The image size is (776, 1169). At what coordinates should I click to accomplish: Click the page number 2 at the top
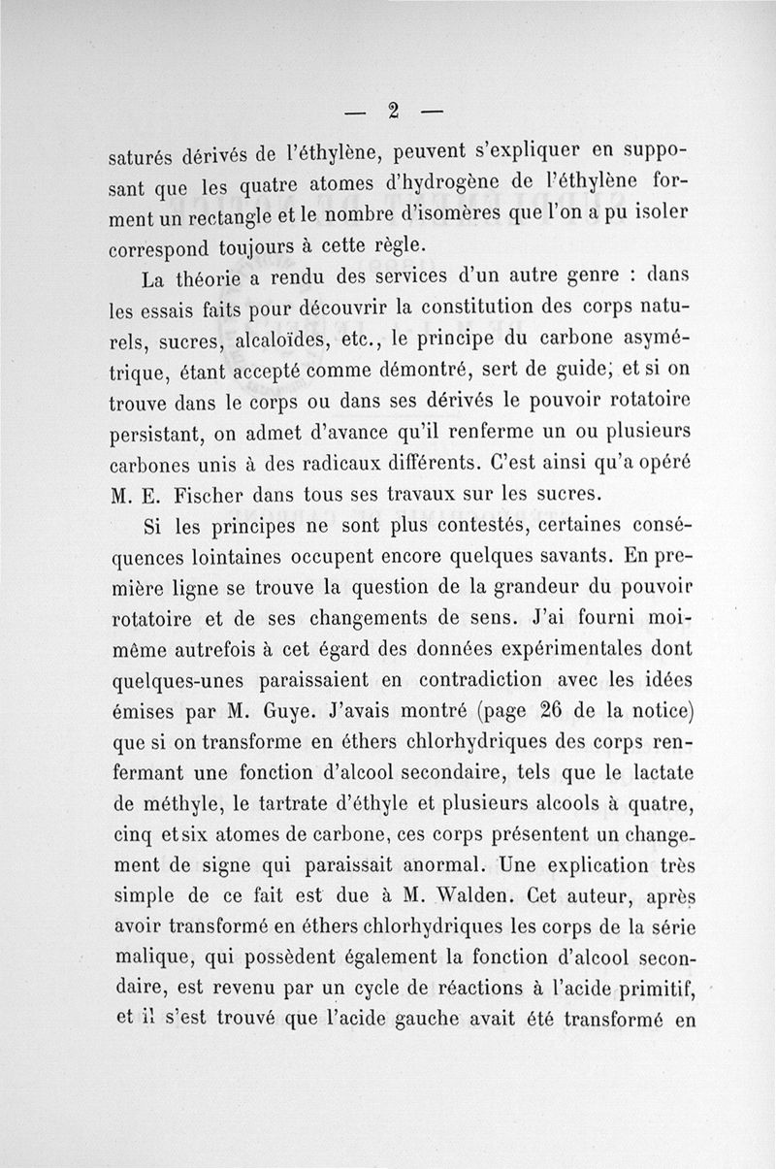tap(393, 110)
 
